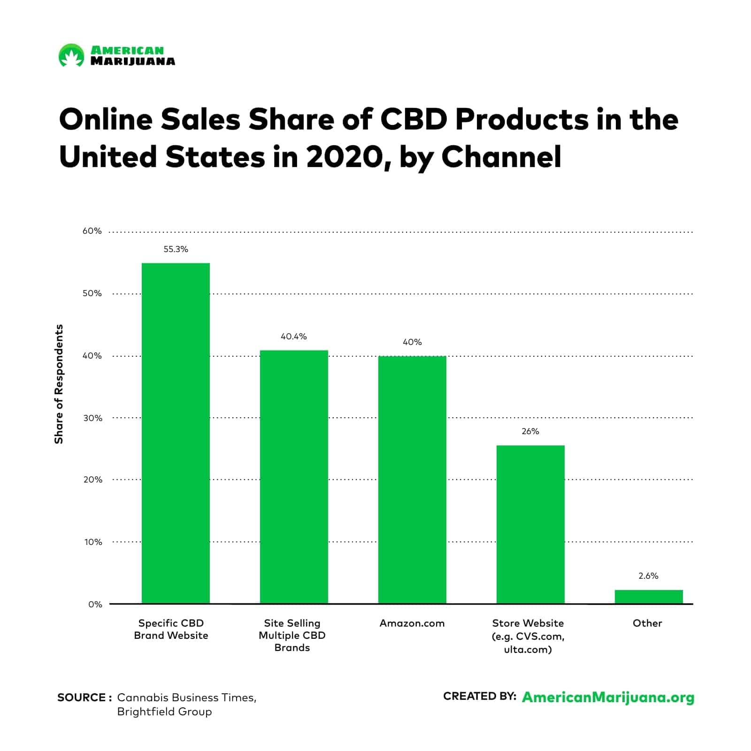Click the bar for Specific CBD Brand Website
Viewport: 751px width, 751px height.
click(176, 433)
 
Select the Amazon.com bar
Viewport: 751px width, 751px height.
click(412, 480)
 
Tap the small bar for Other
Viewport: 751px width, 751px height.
click(648, 597)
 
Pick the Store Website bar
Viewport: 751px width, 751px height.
click(530, 524)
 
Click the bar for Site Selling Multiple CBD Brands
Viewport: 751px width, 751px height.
click(294, 476)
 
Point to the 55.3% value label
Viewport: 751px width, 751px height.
click(176, 249)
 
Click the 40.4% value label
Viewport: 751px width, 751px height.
click(294, 337)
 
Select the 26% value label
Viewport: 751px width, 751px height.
click(530, 431)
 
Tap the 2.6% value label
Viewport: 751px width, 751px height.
click(648, 576)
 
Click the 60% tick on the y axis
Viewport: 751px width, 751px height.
click(92, 231)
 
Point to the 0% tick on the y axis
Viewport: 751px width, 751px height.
click(95, 605)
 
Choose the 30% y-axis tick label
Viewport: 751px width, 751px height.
click(92, 418)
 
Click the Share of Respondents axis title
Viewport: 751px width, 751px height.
click(59, 384)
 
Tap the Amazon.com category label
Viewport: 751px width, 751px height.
click(412, 623)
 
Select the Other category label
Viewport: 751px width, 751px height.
click(647, 623)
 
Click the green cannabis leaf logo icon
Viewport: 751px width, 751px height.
click(71, 55)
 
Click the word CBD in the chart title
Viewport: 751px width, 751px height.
click(413, 120)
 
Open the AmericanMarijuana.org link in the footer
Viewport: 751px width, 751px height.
click(608, 697)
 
